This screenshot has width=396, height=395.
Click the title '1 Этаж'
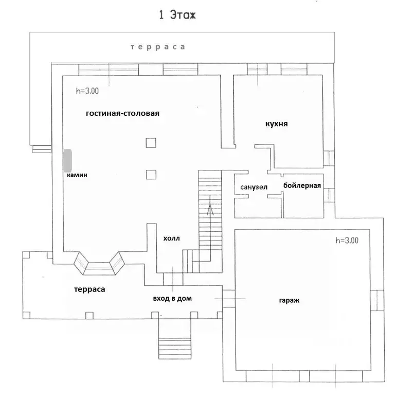point(177,14)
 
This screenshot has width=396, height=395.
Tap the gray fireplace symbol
point(67,161)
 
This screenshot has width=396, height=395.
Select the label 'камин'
point(77,175)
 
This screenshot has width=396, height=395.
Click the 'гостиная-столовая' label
point(122,113)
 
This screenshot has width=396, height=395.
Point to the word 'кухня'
point(276,124)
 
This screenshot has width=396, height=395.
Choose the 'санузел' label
point(254,187)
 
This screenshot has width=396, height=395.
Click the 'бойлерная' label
point(302,185)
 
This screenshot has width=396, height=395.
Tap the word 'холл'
point(171,238)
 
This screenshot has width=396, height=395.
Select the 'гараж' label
point(289,300)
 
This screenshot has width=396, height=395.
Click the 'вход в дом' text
point(172,299)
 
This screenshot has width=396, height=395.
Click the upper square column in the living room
point(151,143)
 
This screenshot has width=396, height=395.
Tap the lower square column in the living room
point(151,175)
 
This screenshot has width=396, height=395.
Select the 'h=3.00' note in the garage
point(347,240)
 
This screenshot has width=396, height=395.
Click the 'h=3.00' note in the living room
point(87,91)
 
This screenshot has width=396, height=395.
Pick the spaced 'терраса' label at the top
point(157,47)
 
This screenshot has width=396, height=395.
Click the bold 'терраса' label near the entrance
point(89,289)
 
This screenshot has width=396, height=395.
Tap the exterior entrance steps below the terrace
point(175,348)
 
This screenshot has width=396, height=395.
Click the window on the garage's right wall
point(377,300)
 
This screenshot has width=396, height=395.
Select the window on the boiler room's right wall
point(329,195)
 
